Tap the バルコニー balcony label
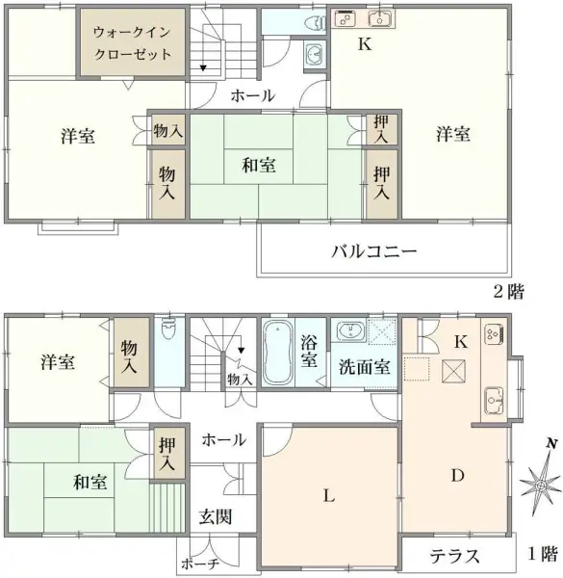coord(373,253)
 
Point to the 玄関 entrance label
coord(216,516)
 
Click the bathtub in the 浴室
coord(277,352)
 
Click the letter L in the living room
coord(328,497)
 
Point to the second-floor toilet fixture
coord(311,25)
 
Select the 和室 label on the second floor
coord(259,166)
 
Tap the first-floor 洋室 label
coord(58,362)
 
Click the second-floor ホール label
coord(252,96)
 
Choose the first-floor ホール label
coord(223,439)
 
